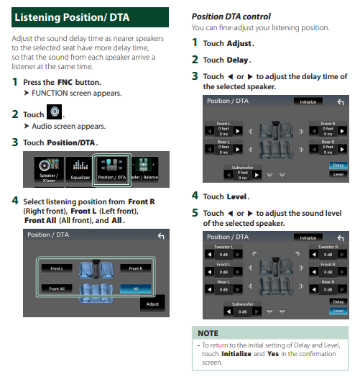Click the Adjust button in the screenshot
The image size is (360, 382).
point(152,304)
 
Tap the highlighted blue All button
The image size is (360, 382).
point(136,288)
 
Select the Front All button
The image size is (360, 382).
point(57,288)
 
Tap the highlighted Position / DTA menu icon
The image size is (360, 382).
point(111,170)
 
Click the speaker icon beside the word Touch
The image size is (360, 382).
point(54,112)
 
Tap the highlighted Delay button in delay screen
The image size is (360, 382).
point(338,165)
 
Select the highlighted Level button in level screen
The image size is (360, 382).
point(338,311)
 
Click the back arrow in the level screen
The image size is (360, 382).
point(341,238)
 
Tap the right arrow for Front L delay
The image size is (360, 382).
point(238,131)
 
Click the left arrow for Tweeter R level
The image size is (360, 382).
point(314,255)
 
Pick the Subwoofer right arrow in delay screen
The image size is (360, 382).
point(257,175)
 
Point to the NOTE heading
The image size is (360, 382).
point(208,333)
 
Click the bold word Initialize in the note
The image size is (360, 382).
point(236,354)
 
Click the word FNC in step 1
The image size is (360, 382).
point(65,82)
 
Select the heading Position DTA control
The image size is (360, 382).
point(231,17)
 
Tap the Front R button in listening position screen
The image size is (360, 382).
point(136,268)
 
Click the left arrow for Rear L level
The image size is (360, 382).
point(210,289)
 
